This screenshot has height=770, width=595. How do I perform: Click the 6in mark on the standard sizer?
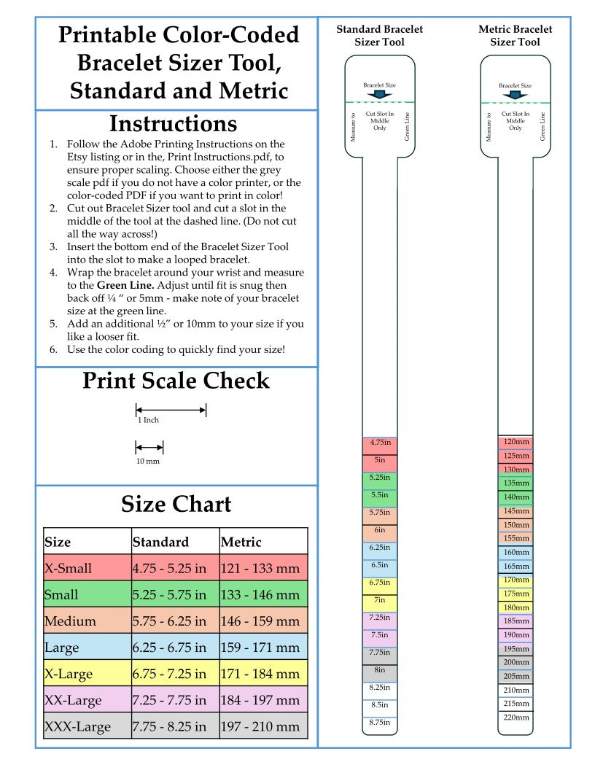click(x=380, y=530)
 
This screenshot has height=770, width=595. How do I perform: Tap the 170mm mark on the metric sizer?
click(x=516, y=580)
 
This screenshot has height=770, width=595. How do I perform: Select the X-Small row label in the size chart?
click(x=69, y=568)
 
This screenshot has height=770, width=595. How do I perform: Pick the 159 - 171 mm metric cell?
click(x=260, y=647)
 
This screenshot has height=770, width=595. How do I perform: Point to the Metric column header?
click(x=241, y=542)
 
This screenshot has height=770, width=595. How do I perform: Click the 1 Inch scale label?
click(x=148, y=420)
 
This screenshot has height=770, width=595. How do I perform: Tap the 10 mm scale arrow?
click(x=149, y=447)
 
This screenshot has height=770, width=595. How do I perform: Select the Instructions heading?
click(x=173, y=122)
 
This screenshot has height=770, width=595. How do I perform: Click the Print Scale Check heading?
click(x=176, y=381)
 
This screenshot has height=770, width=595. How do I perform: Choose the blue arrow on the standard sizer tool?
click(x=380, y=94)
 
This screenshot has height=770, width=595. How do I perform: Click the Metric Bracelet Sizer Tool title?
click(x=516, y=36)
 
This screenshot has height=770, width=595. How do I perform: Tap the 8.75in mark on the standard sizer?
click(x=380, y=723)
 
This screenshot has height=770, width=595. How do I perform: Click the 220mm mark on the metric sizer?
click(x=516, y=717)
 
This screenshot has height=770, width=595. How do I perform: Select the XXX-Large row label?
click(x=78, y=727)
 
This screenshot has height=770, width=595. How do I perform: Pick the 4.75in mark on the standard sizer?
click(x=380, y=443)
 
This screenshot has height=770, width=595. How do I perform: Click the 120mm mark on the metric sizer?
click(x=516, y=442)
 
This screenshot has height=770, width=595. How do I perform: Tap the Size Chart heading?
click(x=176, y=505)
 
